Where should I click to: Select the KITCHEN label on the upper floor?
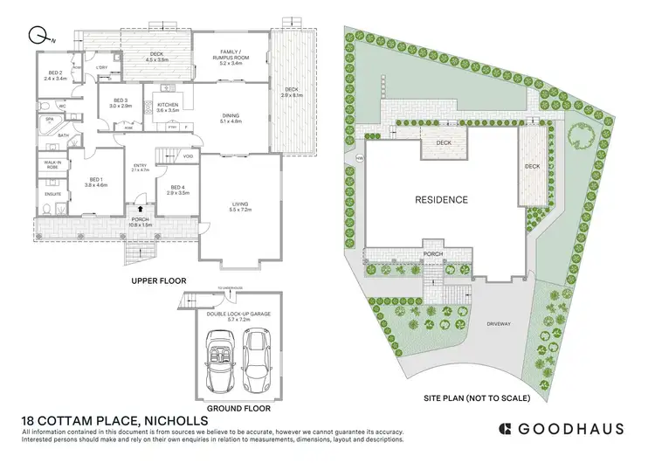click(168, 107)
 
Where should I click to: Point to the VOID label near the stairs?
click(188, 156)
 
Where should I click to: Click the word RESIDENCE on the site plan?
click(441, 200)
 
